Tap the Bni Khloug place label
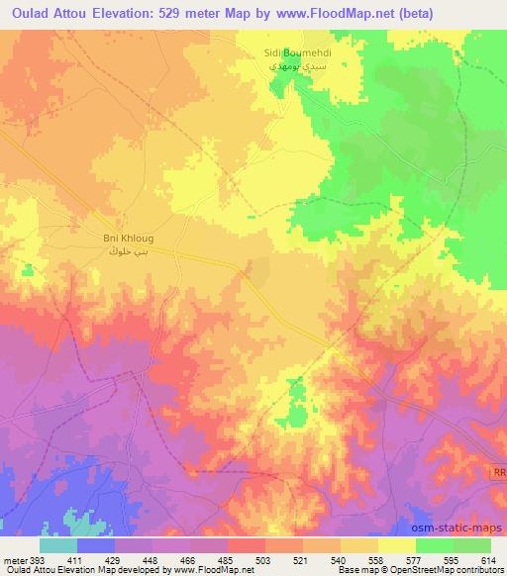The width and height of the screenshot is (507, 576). (128, 239)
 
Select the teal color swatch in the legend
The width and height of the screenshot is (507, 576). (58, 545)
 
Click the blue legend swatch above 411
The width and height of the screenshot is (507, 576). (96, 545)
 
